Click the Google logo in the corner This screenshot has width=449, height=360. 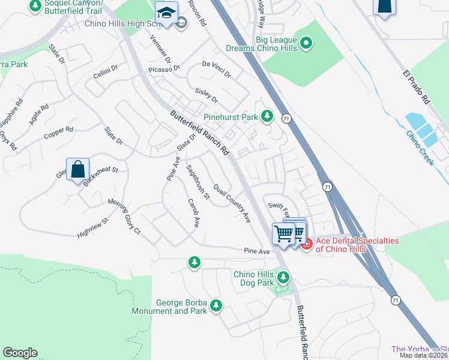[20, 353]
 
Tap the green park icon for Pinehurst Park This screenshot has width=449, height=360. [267, 115]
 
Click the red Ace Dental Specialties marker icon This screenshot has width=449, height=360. [307, 244]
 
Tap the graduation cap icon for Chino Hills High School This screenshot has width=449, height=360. [166, 13]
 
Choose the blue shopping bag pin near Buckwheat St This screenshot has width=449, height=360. [78, 169]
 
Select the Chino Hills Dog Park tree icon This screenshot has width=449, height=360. [283, 277]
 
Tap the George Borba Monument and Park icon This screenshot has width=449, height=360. [215, 306]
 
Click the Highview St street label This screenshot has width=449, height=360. [92, 227]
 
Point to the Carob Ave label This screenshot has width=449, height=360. [193, 213]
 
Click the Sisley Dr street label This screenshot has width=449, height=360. [206, 95]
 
